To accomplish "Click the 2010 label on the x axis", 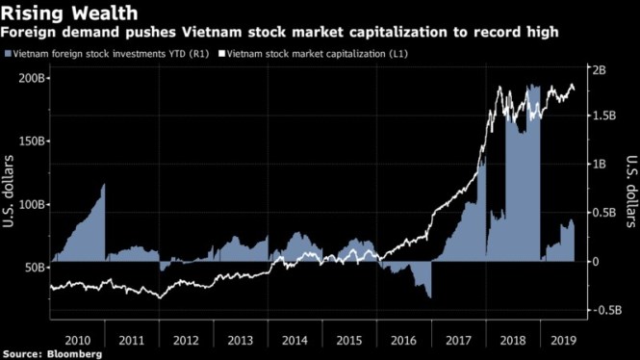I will tap(77, 340).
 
